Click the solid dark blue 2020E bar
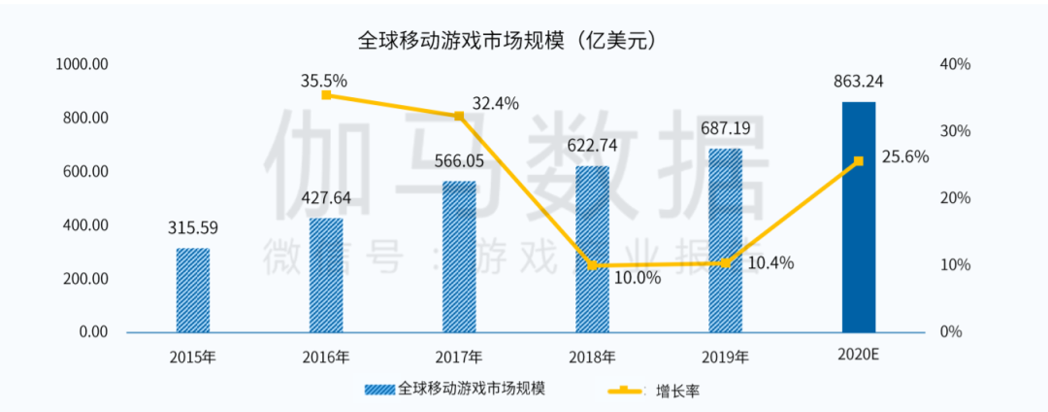click(858, 217)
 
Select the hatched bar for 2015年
click(192, 290)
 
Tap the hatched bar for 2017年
click(459, 257)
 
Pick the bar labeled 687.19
click(725, 240)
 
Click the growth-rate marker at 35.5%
click(326, 95)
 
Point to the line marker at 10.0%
click(592, 265)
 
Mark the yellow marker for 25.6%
click(858, 161)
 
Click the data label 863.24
click(858, 81)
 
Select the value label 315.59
click(192, 230)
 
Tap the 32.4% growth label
click(495, 103)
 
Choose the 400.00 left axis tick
click(84, 225)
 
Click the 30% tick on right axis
click(957, 131)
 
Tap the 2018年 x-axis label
click(592, 358)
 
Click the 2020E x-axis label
click(858, 356)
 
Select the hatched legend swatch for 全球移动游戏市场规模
click(379, 390)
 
